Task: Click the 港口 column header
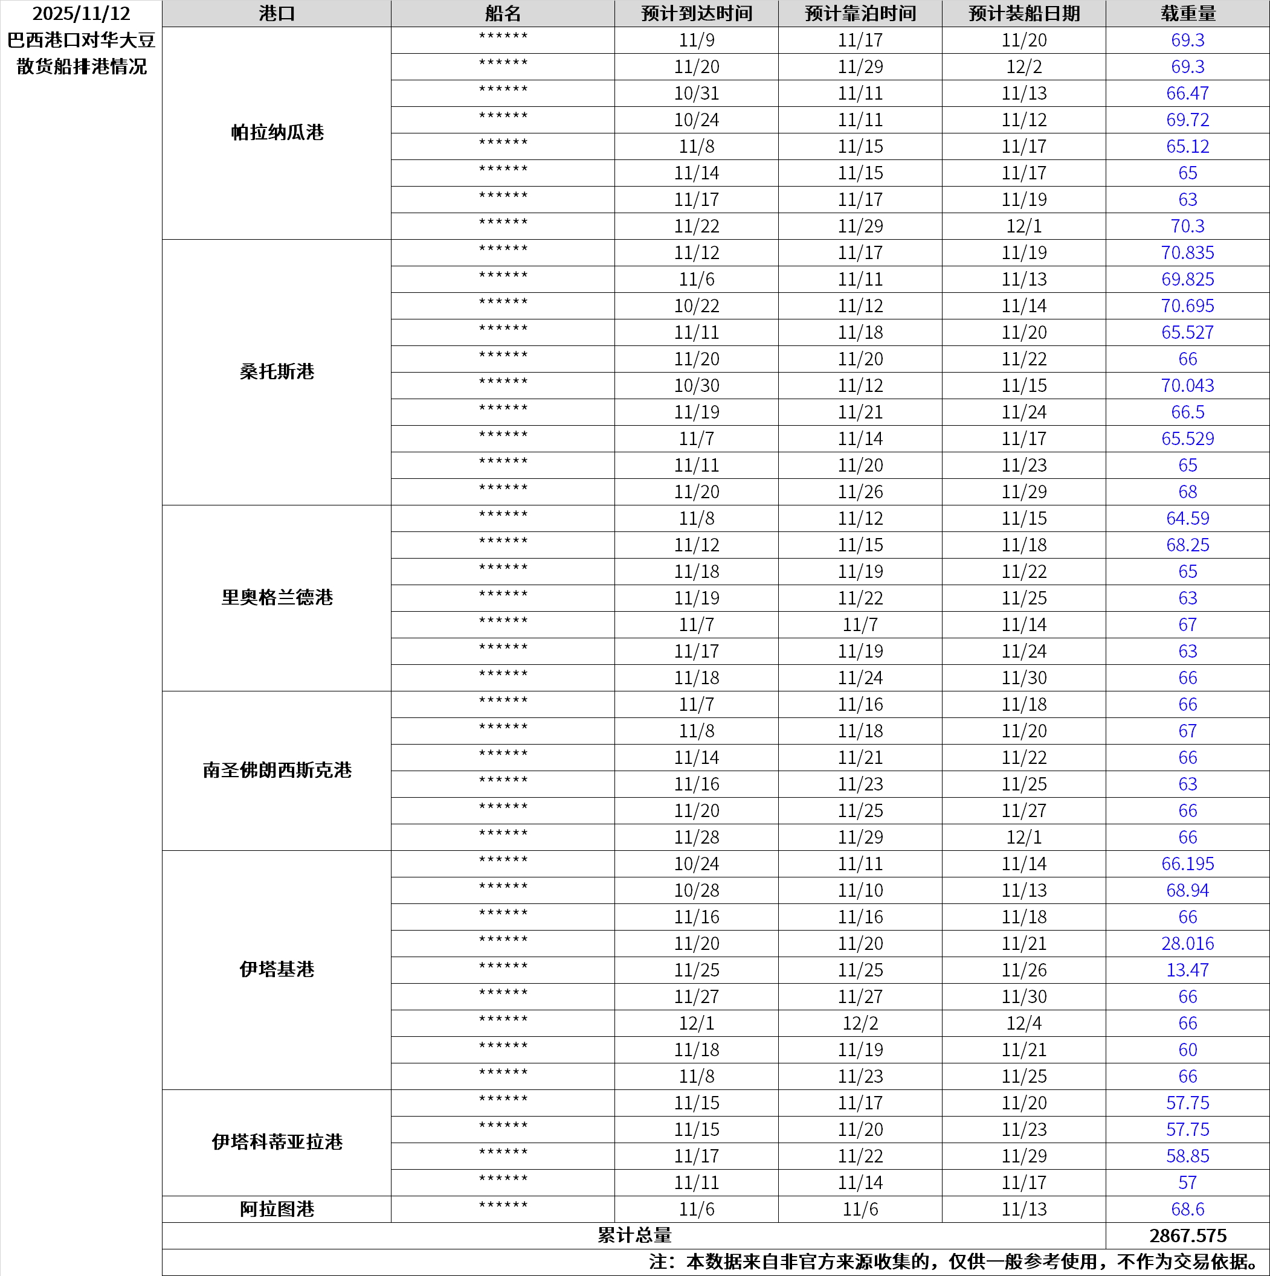(276, 13)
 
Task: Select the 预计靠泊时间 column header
(860, 13)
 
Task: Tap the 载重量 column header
(1187, 13)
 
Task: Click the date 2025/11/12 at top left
(82, 13)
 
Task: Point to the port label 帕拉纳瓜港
(277, 133)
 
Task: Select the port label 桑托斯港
(277, 372)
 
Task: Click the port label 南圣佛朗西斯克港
(277, 770)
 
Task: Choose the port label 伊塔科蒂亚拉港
(277, 1142)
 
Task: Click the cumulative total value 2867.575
(1187, 1235)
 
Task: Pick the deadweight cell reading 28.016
(1187, 943)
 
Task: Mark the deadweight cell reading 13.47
(1187, 970)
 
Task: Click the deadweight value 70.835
(1187, 252)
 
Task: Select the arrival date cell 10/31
(697, 93)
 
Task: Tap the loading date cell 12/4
(1023, 1023)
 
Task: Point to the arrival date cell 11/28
(697, 837)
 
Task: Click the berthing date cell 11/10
(860, 890)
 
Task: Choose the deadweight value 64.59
(1187, 519)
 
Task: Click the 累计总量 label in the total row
(634, 1235)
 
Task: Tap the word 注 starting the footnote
(658, 1262)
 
